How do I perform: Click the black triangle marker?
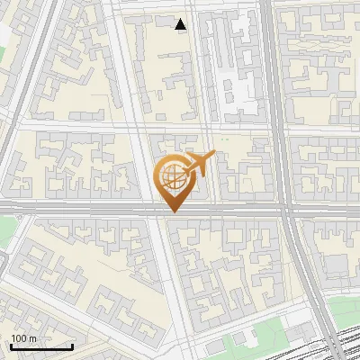tap(182, 24)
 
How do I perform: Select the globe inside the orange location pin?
tap(172, 175)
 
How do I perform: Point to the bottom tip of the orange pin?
tap(172, 211)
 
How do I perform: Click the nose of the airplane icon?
tap(213, 156)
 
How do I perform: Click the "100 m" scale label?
tap(23, 338)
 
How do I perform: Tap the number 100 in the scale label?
tap(19, 338)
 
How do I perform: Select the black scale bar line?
tap(40, 346)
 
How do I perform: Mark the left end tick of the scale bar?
tap(10, 345)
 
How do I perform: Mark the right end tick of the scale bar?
tap(72, 345)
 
